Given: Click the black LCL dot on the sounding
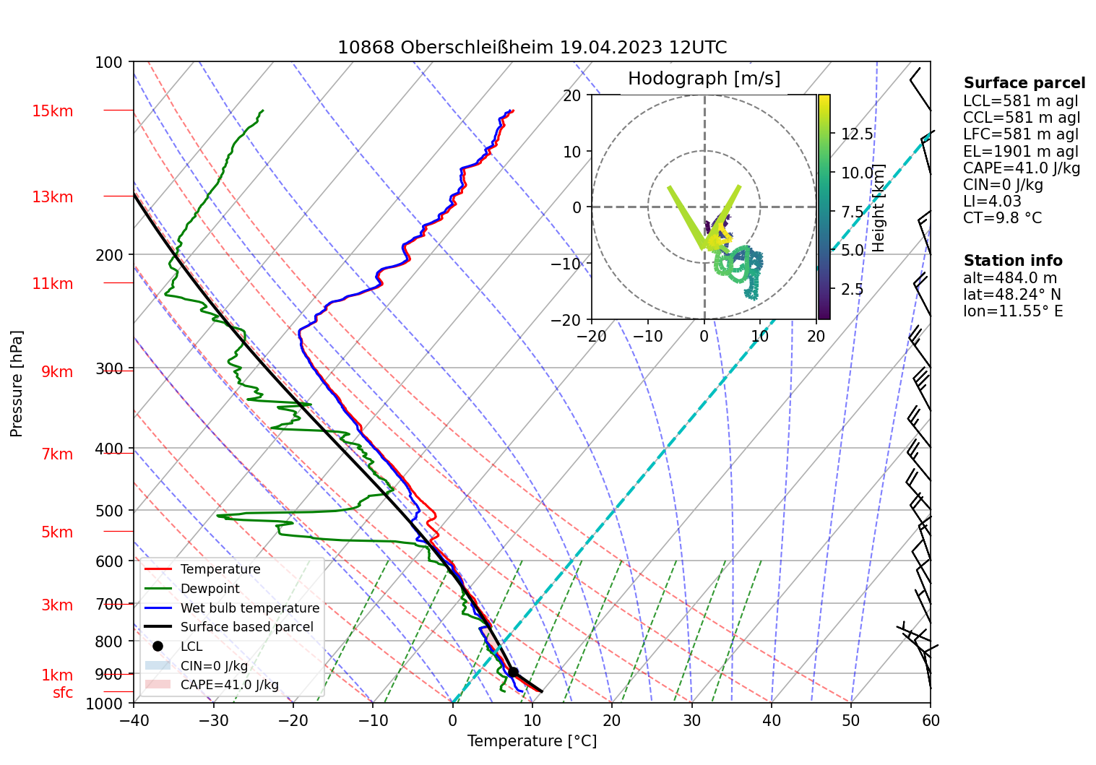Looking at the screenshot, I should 513,672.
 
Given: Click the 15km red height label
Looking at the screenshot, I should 52,111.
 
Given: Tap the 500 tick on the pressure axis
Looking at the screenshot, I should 110,511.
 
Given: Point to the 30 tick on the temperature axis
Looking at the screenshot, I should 691,720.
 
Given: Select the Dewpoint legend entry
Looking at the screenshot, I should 210,589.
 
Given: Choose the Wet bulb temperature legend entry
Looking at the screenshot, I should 249,608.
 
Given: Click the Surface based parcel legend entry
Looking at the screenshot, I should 246,627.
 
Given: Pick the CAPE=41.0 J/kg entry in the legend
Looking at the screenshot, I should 229,685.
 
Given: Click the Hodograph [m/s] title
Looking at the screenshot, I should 704,79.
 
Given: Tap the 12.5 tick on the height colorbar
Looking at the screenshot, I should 857,134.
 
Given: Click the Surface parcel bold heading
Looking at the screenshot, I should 1024,83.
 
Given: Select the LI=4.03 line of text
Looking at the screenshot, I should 992,202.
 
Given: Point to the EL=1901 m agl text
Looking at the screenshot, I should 1020,152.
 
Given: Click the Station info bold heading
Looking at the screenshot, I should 1012,261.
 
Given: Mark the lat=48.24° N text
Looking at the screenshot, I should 1012,295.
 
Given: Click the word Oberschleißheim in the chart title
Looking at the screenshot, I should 477,48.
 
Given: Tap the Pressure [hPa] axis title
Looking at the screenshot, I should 17,384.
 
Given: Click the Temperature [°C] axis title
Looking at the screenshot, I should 532,741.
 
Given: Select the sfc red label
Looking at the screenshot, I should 63,693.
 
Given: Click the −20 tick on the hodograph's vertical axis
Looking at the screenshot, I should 571,320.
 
